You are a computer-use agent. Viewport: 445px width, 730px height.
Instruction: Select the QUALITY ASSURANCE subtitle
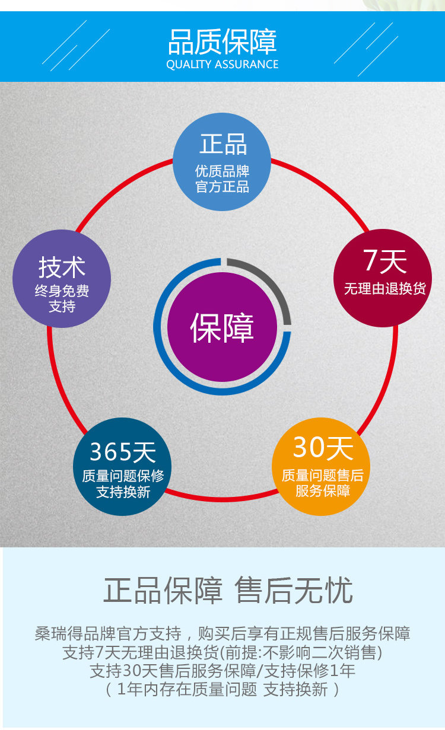coord(222,64)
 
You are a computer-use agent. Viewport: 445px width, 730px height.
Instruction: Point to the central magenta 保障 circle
coord(222,326)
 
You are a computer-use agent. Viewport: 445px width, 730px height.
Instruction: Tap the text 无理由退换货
coord(384,289)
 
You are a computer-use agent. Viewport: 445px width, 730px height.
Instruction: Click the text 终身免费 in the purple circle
coord(62,291)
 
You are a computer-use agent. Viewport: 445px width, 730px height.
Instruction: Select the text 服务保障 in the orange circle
coord(322,491)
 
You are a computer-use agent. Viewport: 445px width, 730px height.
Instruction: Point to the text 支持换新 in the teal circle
coord(123,492)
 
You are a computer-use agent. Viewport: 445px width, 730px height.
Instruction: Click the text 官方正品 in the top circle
coord(222,187)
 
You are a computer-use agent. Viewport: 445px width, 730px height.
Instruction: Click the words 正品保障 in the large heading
coord(163,591)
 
